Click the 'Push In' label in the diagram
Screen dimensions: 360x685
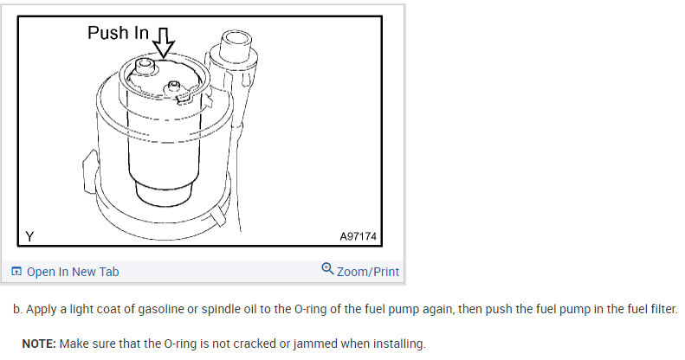[118, 34]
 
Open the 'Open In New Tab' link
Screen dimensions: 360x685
[73, 272]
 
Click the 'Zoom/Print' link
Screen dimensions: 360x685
[368, 272]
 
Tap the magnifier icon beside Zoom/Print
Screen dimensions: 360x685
[327, 269]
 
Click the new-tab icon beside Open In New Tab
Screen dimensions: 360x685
[16, 272]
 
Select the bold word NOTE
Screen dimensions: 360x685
[39, 344]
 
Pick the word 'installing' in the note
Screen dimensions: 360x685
[401, 344]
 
